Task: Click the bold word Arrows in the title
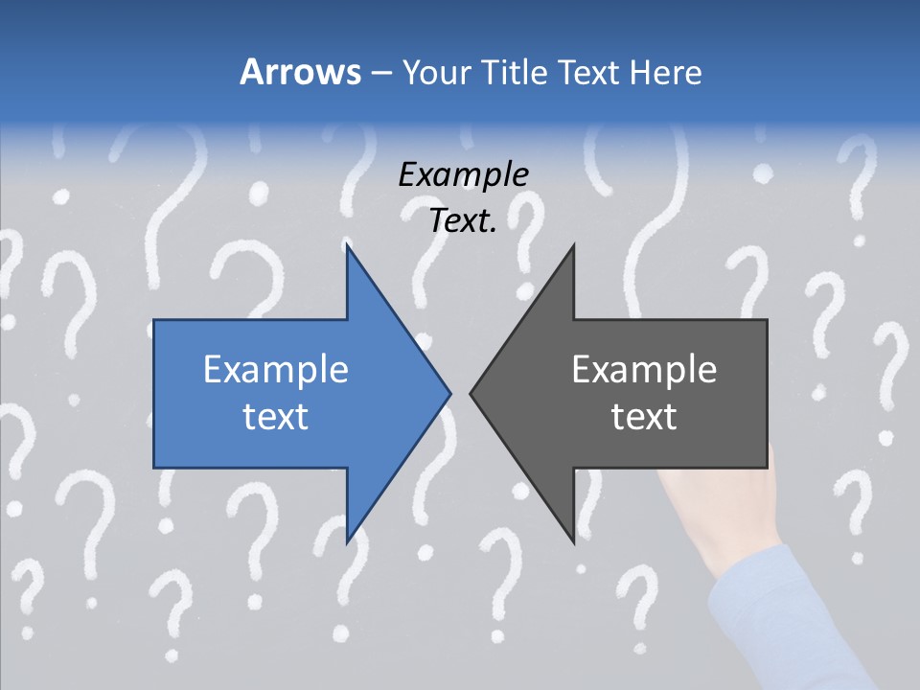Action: click(300, 72)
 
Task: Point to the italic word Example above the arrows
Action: click(463, 174)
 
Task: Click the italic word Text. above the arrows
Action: click(463, 220)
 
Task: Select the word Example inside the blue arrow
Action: click(276, 369)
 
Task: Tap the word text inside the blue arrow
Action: click(276, 416)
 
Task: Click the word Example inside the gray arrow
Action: click(644, 369)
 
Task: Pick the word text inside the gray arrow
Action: click(644, 416)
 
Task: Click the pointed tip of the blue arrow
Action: click(449, 392)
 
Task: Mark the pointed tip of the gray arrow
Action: click(471, 392)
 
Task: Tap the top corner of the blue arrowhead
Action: click(348, 247)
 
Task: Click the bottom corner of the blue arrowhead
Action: click(348, 540)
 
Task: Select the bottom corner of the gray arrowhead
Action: click(573, 540)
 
